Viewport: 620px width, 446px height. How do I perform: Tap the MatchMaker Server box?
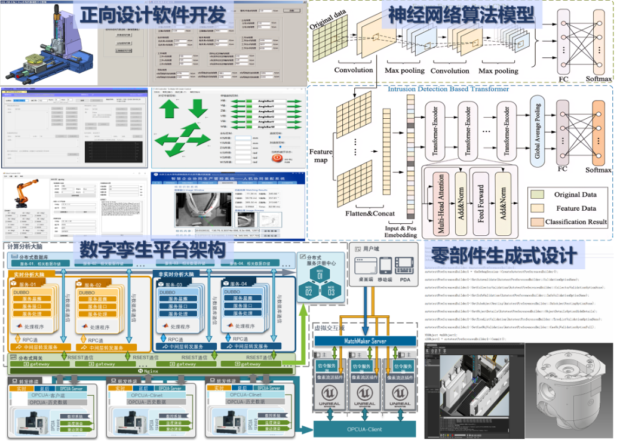click(x=365, y=342)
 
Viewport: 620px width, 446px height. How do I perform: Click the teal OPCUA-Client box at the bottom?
click(x=365, y=429)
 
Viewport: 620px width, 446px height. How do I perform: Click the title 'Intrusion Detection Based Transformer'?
click(x=448, y=89)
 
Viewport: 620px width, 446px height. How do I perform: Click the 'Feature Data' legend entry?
click(x=575, y=208)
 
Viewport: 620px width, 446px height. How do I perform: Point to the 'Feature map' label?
click(x=321, y=156)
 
